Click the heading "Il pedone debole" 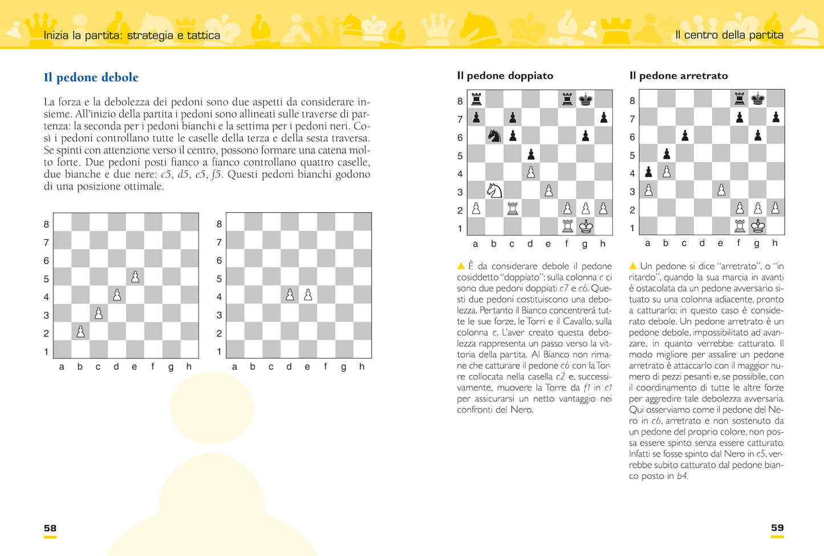[91, 78]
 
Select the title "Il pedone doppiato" [505, 76]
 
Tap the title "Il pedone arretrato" [678, 76]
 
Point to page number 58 [50, 528]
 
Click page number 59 [777, 528]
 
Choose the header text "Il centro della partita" [729, 35]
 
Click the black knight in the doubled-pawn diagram [494, 136]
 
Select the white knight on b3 [494, 190]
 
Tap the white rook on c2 [512, 208]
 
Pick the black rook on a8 [476, 99]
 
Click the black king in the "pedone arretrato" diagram [757, 99]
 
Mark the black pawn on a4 [648, 172]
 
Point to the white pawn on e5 [135, 277]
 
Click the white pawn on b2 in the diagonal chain [80, 332]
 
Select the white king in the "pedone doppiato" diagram [586, 227]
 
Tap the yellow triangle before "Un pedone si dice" [633, 266]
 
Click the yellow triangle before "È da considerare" [461, 266]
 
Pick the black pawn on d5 [531, 154]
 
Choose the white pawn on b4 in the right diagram [667, 172]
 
